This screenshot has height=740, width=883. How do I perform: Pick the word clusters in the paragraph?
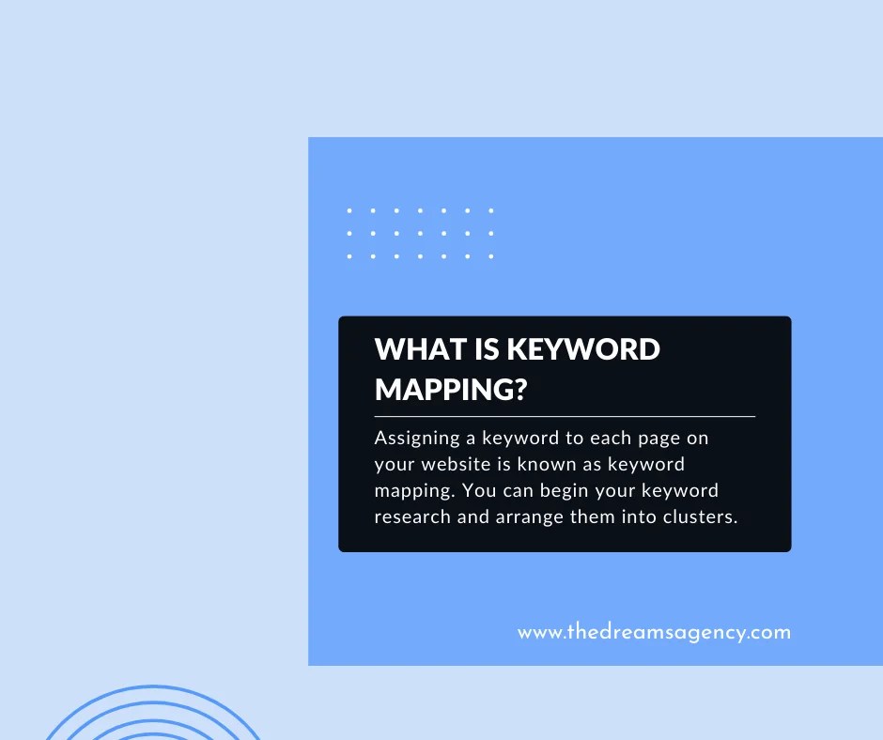click(x=699, y=516)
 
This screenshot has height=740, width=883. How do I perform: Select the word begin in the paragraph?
click(x=572, y=490)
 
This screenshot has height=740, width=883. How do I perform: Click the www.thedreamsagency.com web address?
click(x=654, y=632)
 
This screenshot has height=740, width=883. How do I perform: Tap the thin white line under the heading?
click(x=565, y=415)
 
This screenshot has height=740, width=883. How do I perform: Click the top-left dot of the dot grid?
click(x=349, y=210)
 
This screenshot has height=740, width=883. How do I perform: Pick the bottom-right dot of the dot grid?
click(x=490, y=255)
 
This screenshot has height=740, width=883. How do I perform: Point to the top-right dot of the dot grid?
click(x=490, y=210)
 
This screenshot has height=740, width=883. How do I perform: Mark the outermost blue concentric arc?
click(x=150, y=688)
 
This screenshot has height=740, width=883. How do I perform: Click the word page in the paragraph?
click(x=660, y=438)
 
